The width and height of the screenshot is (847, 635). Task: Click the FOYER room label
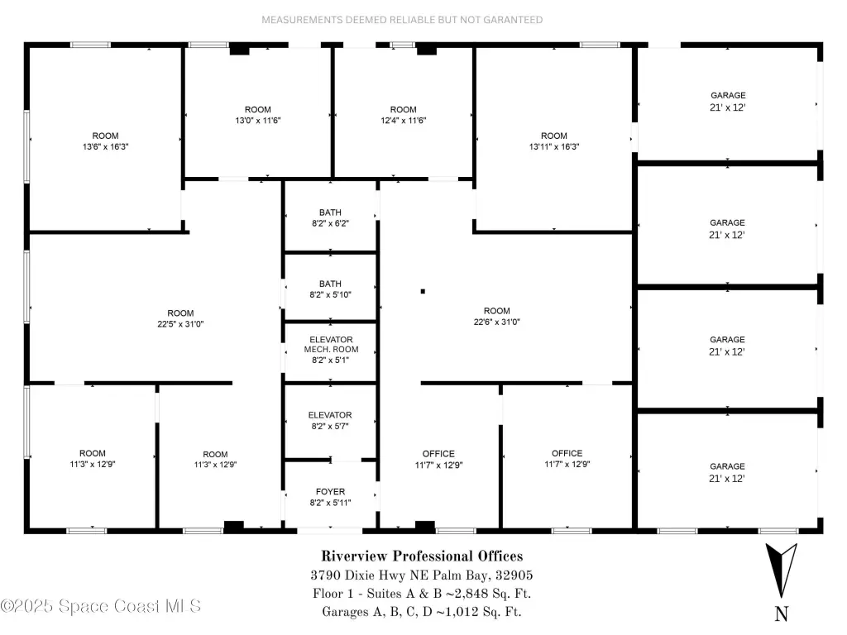coord(330,497)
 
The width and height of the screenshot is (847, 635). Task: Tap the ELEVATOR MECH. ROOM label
coord(331,350)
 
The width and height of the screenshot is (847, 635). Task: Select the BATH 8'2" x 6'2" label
coord(330,217)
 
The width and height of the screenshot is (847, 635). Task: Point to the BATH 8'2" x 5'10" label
coord(330,289)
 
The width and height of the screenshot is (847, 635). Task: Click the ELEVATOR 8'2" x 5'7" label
coord(330,420)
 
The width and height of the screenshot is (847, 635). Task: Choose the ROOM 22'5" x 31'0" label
coord(180,318)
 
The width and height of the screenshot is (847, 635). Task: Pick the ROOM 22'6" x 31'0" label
coord(496,316)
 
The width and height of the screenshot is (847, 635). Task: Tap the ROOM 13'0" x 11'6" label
coord(258,114)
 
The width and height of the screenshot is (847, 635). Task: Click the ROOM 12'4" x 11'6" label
coord(403,114)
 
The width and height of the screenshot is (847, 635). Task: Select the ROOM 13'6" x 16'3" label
coord(105,141)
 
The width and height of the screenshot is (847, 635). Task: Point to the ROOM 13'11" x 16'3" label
coord(553,141)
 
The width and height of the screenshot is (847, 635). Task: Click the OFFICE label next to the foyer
coord(438,459)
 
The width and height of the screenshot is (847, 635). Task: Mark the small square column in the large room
coord(423,292)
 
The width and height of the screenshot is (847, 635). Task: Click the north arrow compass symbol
coord(781,570)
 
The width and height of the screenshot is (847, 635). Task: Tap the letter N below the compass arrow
coord(782,614)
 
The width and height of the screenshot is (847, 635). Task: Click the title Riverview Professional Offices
coord(422,556)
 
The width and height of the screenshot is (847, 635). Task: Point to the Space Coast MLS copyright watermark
coord(100,606)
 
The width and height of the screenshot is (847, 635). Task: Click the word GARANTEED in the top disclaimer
coord(513,20)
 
